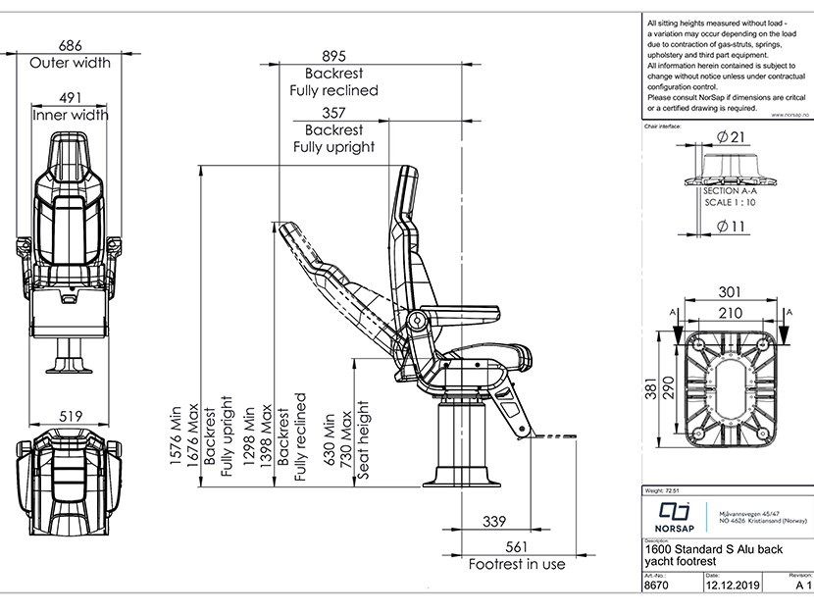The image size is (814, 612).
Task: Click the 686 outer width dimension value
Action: point(70,45)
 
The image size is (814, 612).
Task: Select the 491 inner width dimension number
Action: point(70,97)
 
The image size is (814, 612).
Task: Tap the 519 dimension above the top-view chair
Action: point(70,416)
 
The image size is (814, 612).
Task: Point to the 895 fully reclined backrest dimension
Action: point(334,55)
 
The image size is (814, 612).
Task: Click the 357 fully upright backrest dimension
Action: point(334,113)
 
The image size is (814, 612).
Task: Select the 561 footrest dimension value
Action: point(515,546)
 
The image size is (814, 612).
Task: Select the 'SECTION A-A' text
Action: point(731,191)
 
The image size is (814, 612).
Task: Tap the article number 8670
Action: point(656,585)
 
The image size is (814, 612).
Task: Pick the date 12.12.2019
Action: point(732,585)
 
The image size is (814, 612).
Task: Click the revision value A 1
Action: point(803,585)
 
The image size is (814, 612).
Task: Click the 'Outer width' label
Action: point(70,63)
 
